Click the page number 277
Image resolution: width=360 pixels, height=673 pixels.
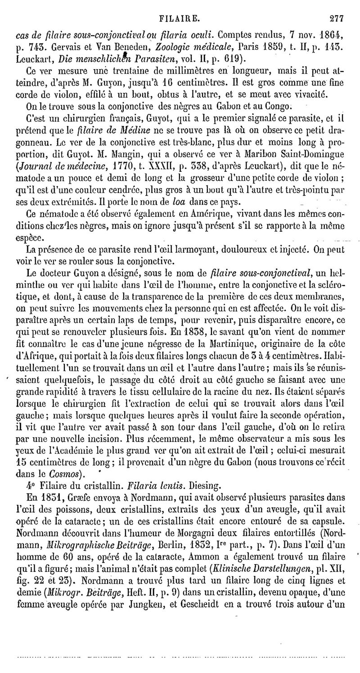[x=336, y=6]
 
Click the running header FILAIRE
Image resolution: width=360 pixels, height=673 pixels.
[x=180, y=6]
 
